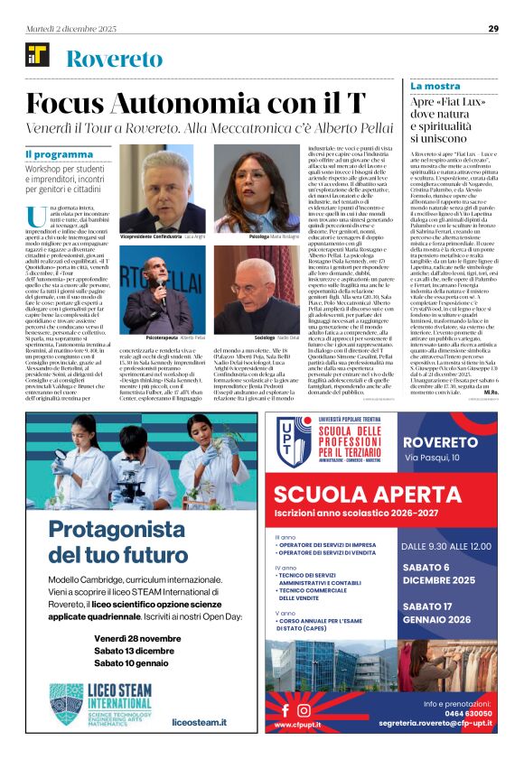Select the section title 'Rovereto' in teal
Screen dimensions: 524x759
(115, 60)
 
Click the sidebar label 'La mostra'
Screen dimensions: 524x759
(435, 86)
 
